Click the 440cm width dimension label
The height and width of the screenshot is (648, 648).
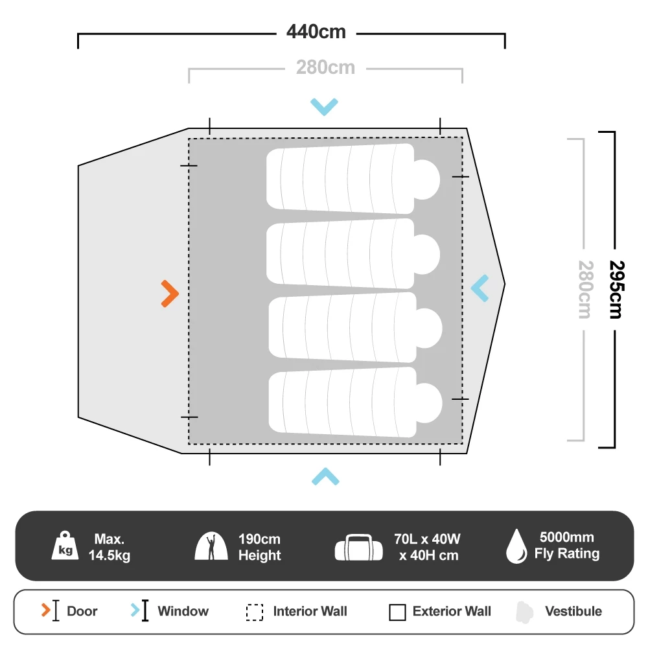point(317,32)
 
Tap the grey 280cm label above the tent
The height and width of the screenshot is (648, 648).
point(325,67)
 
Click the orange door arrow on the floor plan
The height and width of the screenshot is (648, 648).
point(170,294)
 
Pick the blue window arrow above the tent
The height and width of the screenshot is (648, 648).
point(324,106)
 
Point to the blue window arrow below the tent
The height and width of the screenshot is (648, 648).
point(325,477)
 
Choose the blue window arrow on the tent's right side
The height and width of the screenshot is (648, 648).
point(480,288)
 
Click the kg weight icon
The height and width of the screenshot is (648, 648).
point(65,546)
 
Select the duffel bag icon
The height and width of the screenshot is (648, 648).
point(358,548)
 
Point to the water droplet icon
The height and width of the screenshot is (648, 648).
point(516,546)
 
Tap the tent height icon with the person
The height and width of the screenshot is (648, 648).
point(211,546)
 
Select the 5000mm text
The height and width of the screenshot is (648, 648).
point(566,538)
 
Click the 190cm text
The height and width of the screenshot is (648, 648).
point(259,539)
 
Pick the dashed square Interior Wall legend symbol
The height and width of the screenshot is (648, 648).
point(255,612)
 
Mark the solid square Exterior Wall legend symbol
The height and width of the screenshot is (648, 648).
point(397,612)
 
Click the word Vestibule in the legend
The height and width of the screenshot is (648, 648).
point(573,611)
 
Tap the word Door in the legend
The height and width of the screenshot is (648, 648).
point(82,611)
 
